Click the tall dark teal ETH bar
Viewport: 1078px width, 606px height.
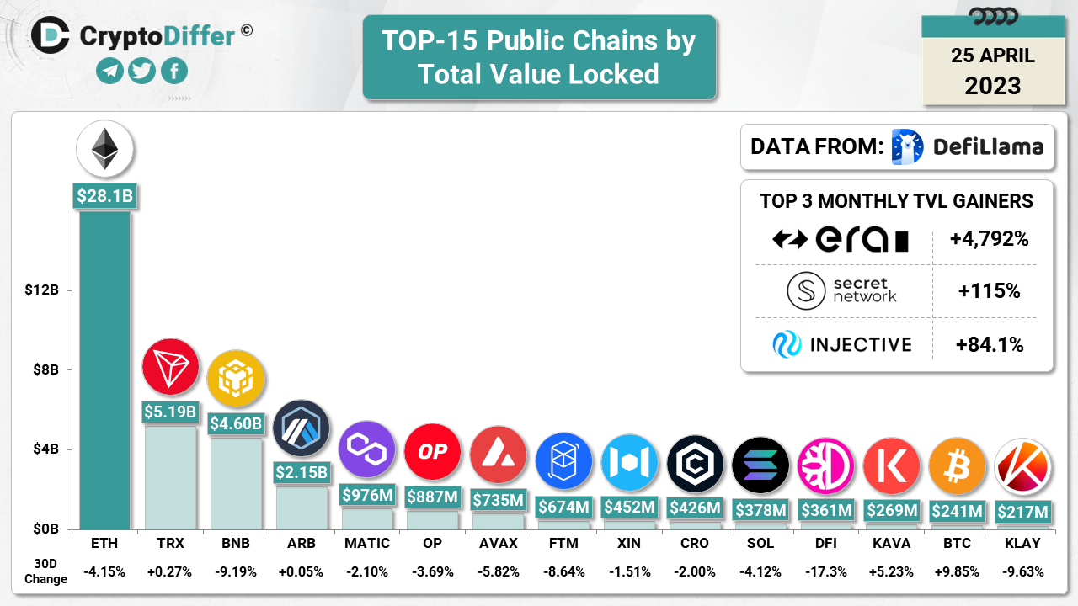pyautogui.click(x=104, y=370)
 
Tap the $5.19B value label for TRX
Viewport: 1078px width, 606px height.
pyautogui.click(x=170, y=412)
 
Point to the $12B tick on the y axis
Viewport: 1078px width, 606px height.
pyautogui.click(x=41, y=290)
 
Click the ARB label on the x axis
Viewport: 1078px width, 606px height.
pyautogui.click(x=301, y=544)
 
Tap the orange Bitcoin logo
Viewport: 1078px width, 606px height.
pyautogui.click(x=957, y=465)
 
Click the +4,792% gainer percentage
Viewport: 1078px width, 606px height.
pyautogui.click(x=989, y=239)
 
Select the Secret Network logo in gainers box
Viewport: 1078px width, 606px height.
pyautogui.click(x=806, y=291)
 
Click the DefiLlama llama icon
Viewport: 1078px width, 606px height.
pyautogui.click(x=907, y=146)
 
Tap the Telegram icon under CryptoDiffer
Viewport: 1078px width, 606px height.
pyautogui.click(x=109, y=71)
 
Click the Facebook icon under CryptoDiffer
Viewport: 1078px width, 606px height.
pyautogui.click(x=174, y=71)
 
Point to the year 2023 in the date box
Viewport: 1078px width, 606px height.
pyautogui.click(x=992, y=86)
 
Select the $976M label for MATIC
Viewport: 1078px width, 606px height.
pyautogui.click(x=366, y=496)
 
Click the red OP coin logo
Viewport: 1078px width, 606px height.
pyautogui.click(x=432, y=452)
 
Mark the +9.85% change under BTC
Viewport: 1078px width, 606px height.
pyautogui.click(x=957, y=571)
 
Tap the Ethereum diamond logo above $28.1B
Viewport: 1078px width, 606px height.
pyautogui.click(x=104, y=149)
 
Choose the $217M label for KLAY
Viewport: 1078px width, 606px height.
pyautogui.click(x=1022, y=511)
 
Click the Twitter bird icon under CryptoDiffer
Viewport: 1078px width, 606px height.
pyautogui.click(x=142, y=71)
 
